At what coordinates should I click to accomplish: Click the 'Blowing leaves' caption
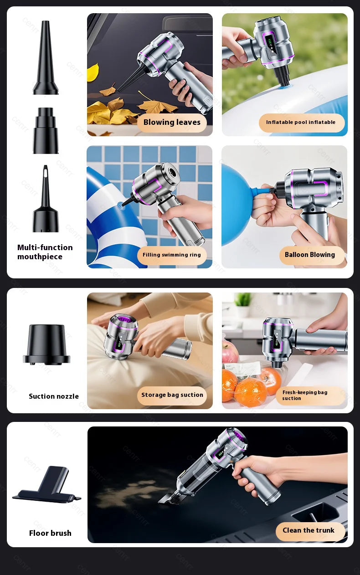[x=172, y=123]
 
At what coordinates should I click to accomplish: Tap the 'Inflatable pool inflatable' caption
[x=301, y=123]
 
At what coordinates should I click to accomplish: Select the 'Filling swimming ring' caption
[x=172, y=255]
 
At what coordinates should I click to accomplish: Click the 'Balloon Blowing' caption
[x=310, y=255]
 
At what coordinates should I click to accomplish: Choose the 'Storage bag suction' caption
[x=172, y=395]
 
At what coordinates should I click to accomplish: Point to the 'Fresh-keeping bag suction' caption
[x=305, y=395]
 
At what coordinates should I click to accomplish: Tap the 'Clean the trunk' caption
[x=309, y=531]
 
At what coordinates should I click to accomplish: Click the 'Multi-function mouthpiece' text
[x=45, y=252]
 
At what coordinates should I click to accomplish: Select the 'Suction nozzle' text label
[x=53, y=396]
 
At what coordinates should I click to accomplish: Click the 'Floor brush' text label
[x=50, y=533]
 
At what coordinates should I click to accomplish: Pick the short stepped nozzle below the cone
[x=46, y=130]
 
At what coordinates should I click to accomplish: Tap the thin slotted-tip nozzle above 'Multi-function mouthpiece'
[x=46, y=200]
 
